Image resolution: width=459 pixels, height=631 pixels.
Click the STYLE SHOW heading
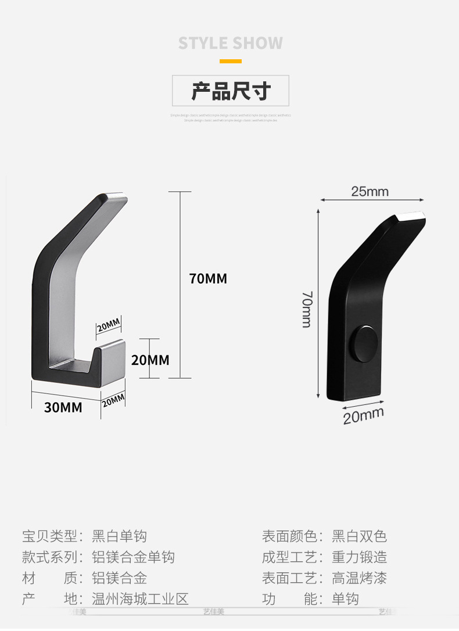coord(230,43)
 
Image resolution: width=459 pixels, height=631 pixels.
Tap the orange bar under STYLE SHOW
coord(230,61)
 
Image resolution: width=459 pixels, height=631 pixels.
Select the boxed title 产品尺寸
coord(231,91)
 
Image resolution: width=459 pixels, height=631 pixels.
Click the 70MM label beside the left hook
coord(208,279)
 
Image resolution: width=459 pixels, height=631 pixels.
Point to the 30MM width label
coord(63,407)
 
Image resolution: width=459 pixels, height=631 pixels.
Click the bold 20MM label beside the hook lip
coord(150,360)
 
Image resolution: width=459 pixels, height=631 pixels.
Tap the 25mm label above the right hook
coord(370,191)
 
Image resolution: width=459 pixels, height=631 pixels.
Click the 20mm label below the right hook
coord(363,415)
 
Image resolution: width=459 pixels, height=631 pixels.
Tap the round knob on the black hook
coord(367,342)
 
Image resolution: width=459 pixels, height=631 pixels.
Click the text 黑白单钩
coord(120,536)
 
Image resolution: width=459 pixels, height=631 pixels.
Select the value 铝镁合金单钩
coord(133,557)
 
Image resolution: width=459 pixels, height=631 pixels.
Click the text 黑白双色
coord(359,536)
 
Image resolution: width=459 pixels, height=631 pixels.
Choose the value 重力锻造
coord(359,557)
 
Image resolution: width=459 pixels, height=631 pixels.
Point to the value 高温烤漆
coord(359,578)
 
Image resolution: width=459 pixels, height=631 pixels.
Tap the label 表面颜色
coord(289,536)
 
